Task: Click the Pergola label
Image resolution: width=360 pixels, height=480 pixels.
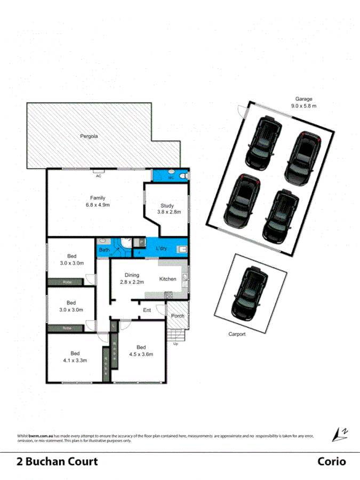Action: pos(89,136)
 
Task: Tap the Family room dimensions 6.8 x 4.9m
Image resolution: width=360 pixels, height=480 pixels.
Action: pos(98,205)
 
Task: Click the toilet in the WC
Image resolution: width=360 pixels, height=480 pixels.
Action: pos(182,176)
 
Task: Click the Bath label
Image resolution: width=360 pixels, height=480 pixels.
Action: pos(103,250)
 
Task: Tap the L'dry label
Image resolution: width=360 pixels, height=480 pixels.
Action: pos(162,249)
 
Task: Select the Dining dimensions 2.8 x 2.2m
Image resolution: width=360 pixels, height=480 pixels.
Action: pos(132,282)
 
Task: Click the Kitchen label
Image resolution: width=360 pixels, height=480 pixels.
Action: pos(167,279)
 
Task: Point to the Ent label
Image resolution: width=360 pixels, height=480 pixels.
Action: pos(147,310)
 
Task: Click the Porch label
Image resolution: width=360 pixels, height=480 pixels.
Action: pos(178,316)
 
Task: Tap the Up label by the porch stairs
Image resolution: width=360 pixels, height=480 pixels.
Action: pos(176,343)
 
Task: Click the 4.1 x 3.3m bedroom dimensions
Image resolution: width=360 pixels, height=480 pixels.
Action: pos(75,361)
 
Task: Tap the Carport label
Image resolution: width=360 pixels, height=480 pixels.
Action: pos(237,334)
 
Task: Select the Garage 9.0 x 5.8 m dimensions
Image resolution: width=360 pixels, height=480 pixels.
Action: pos(304,106)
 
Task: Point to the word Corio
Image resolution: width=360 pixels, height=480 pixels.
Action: pos(332,462)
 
